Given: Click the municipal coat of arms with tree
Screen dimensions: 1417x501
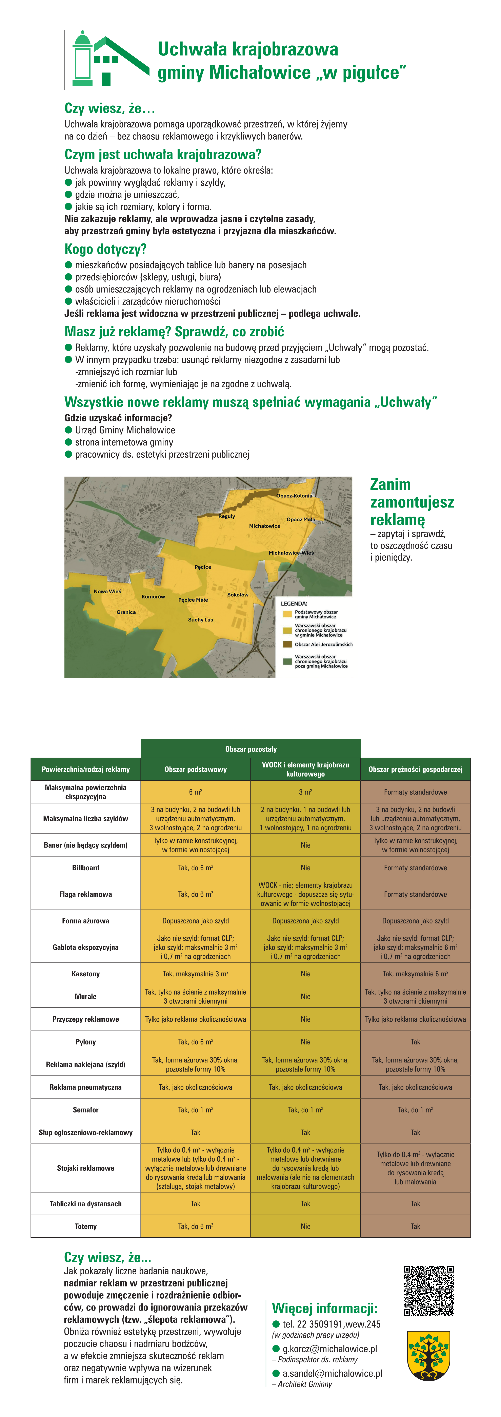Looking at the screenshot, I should [428, 1355].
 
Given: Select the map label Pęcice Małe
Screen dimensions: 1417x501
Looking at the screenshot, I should [193, 600].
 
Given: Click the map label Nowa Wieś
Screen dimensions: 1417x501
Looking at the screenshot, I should [107, 591].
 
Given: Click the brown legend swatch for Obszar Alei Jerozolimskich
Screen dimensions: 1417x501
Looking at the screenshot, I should [287, 644].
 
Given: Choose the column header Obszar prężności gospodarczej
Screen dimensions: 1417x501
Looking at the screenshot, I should [415, 769].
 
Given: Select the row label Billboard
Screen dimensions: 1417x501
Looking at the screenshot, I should [86, 867].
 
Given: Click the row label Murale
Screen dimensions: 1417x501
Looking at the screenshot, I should [86, 996].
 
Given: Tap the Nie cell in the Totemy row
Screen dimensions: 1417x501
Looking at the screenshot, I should [305, 1226].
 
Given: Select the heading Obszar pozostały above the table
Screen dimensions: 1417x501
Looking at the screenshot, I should [251, 749].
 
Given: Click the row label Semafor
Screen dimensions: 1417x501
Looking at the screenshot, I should [86, 1110].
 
